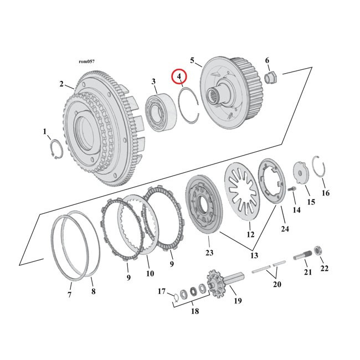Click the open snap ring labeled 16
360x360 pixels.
point(320,167)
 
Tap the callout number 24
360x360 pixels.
point(284,229)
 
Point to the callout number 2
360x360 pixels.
point(61,84)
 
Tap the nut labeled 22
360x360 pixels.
point(320,251)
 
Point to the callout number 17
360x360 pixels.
point(162,291)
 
